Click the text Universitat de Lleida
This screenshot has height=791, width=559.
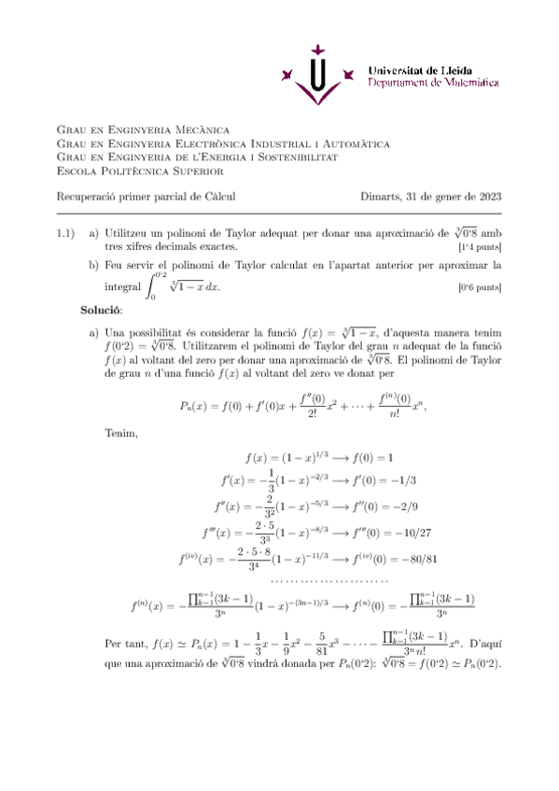coord(420,70)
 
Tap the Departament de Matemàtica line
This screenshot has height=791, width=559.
coord(433,83)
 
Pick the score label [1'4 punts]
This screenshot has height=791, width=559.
coord(480,247)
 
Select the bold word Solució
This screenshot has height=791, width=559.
coord(101,308)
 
